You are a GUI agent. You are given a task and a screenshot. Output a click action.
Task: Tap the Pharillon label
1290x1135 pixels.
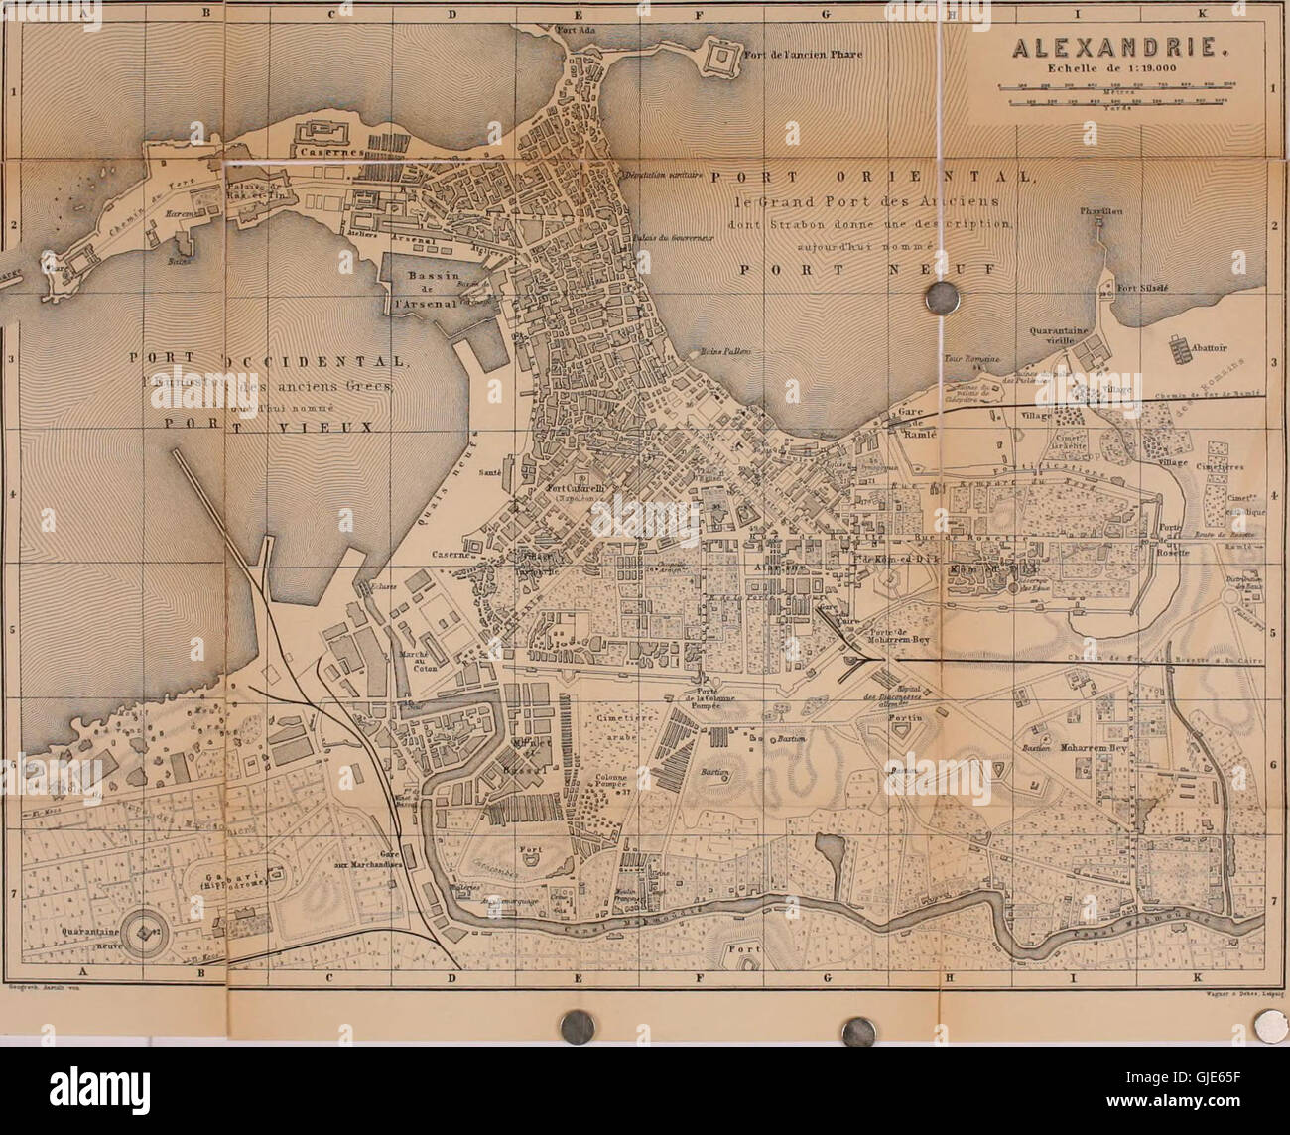(x=1100, y=211)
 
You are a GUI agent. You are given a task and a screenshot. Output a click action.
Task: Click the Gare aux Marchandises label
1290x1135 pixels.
(x=386, y=860)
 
